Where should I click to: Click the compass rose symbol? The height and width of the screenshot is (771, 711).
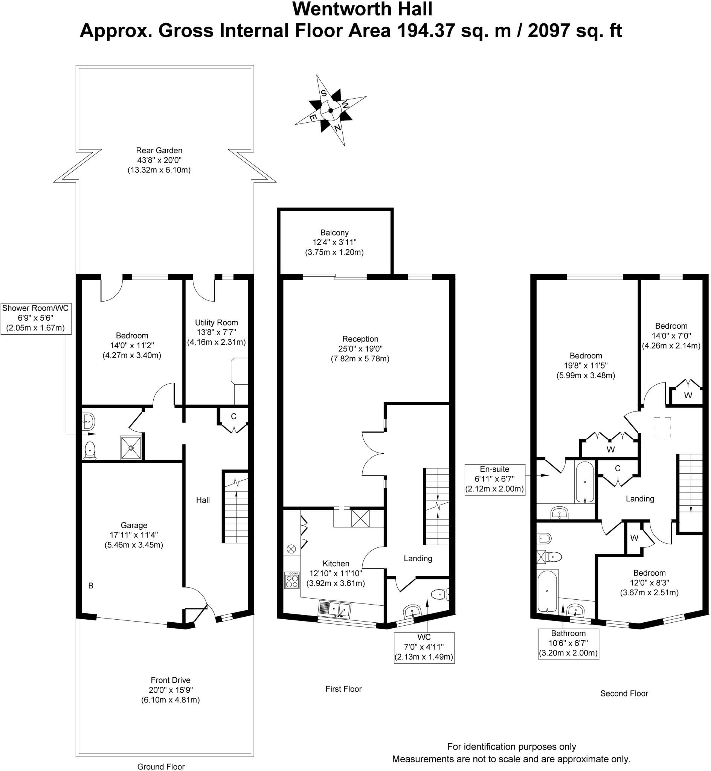pos(331,110)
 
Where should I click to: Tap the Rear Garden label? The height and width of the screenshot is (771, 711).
pos(159,150)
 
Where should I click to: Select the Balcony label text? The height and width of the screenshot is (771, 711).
pos(334,233)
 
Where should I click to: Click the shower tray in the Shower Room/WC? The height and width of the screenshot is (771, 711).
pos(131,448)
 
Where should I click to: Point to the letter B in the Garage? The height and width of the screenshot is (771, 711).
pos(91,586)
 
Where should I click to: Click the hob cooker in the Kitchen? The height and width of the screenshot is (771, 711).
pos(292,580)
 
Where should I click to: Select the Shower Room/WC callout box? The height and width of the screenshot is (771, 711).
pos(36,318)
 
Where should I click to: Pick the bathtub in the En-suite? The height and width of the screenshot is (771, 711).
pos(585,482)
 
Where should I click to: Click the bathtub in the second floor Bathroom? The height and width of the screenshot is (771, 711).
pos(547,592)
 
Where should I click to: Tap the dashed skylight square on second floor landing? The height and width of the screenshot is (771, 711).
pos(662,427)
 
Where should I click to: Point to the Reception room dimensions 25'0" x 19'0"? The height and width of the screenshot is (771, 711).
pos(360,349)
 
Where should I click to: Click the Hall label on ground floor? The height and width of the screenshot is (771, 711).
pos(203,500)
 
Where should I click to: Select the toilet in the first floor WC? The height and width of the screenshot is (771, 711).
pos(440,595)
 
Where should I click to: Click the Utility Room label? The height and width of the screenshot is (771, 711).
pos(216,323)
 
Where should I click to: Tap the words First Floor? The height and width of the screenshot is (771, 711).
pos(343,689)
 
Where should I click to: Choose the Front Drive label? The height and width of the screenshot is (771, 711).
pos(171,680)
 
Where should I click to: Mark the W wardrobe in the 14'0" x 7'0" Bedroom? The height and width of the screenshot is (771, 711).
pos(688,395)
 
